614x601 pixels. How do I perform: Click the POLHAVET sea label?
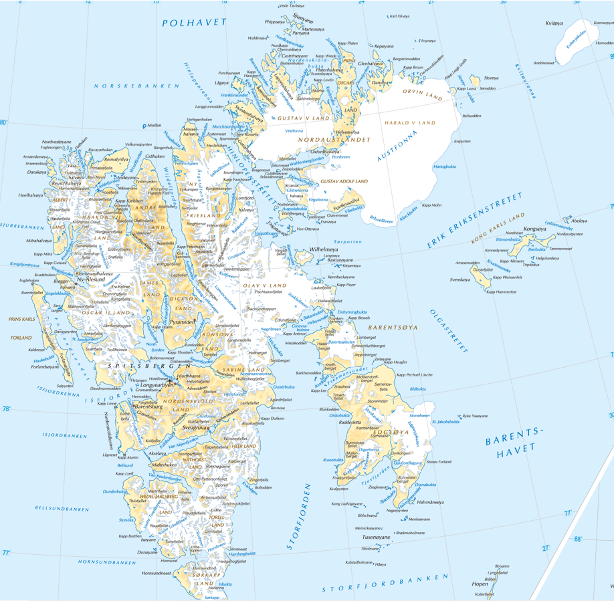pos(194,23)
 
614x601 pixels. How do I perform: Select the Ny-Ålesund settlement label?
pos(91,279)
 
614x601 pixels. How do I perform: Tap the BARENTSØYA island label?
pos(393,328)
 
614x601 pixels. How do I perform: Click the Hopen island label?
pos(480,584)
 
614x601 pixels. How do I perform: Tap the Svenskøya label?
pos(459,279)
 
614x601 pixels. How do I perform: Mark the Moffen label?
pos(154,125)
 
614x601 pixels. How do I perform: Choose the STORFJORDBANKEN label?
pos(384,583)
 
